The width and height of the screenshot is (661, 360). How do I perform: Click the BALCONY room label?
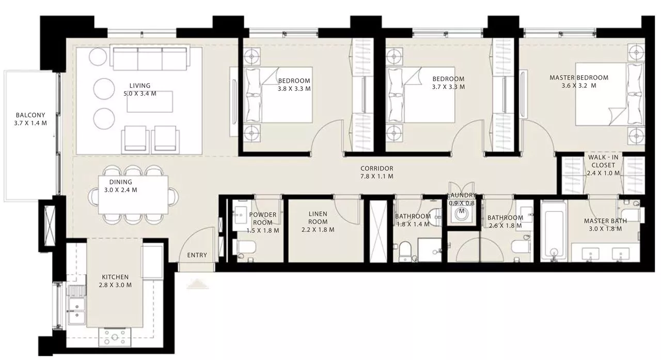(30, 119)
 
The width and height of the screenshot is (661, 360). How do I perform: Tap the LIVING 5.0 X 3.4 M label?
(140, 89)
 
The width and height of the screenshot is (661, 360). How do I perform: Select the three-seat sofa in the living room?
(150, 57)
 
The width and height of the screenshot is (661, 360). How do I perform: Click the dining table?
(133, 195)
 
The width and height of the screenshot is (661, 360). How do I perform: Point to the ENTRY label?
(197, 255)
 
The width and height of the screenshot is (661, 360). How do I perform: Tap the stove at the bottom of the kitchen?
(115, 337)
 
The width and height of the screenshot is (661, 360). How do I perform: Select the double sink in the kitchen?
(77, 310)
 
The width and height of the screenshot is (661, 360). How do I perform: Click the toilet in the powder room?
(244, 247)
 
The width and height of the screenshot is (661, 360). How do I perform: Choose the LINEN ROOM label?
(318, 217)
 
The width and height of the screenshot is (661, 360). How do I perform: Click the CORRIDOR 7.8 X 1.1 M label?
(377, 173)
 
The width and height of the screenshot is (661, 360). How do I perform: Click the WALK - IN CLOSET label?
(603, 161)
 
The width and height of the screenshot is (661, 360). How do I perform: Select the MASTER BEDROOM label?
(579, 77)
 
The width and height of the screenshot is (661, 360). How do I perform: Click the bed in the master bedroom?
(610, 94)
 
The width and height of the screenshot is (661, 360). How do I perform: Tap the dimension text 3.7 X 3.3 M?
(448, 87)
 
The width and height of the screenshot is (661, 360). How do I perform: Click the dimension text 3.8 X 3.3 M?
(294, 89)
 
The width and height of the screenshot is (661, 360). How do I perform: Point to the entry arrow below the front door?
(198, 284)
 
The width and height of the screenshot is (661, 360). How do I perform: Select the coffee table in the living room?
(150, 102)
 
